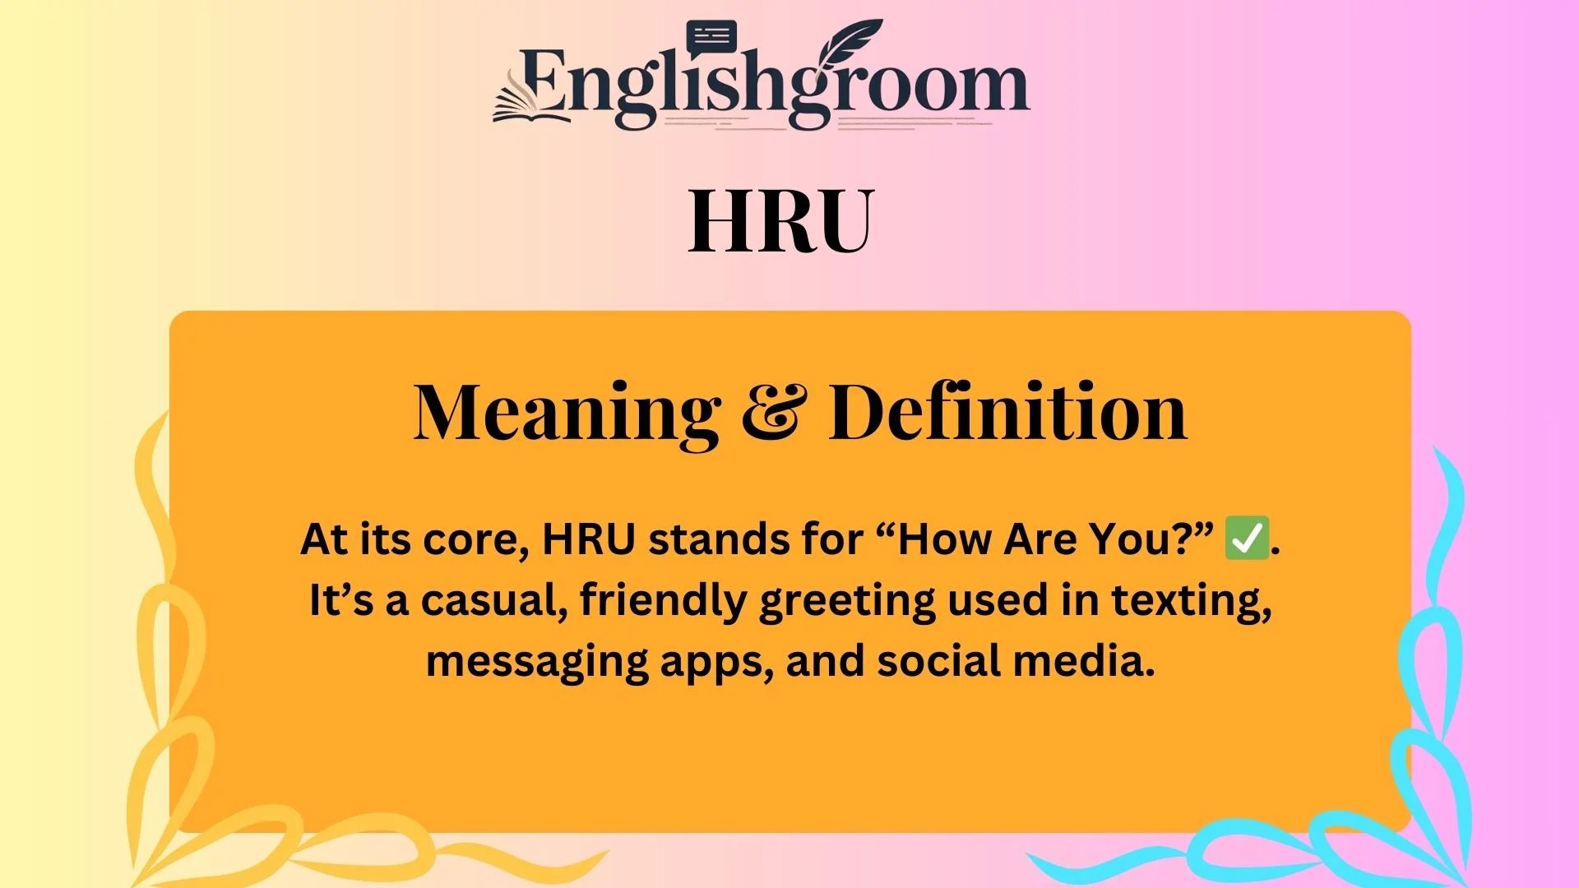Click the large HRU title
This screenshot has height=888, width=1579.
coord(780,220)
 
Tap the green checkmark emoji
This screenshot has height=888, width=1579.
coord(1247,539)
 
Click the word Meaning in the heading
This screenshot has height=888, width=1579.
coord(567,413)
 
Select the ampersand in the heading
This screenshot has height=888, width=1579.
coord(774,413)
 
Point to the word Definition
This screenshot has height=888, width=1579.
coord(1008,413)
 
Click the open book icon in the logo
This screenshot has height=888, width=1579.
coord(531,103)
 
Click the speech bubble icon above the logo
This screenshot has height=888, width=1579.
coord(711,37)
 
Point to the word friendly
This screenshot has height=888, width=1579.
coord(663,601)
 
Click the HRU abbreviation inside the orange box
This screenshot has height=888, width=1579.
coord(589,540)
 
